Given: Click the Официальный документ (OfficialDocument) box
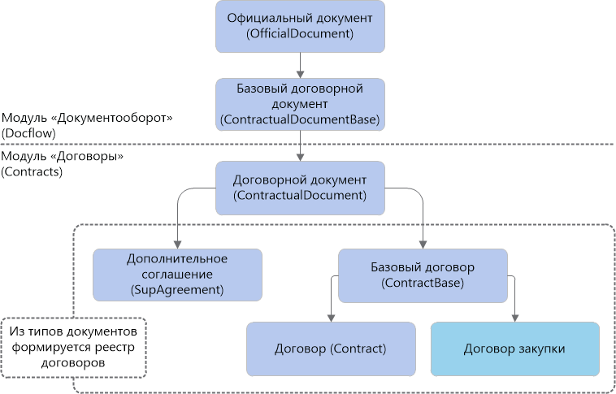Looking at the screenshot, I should (301, 26).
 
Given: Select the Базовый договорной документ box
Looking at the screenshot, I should (301, 104).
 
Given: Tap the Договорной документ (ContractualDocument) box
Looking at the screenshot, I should (301, 188).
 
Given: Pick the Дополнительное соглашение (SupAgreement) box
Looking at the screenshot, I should (177, 274).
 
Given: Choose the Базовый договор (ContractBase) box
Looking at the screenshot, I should (423, 275).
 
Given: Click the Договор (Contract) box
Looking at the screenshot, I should (330, 349).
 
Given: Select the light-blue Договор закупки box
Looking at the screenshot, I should (514, 349).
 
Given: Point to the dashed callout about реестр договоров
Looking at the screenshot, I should (74, 348).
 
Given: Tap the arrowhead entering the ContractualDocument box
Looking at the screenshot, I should (301, 157).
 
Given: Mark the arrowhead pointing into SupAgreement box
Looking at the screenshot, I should (177, 244).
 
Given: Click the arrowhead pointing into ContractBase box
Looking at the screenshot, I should (423, 244).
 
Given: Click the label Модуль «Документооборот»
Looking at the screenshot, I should (88, 119).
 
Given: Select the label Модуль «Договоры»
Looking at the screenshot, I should (63, 157).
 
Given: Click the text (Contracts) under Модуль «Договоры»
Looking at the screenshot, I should (33, 171).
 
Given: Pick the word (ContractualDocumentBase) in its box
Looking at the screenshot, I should (301, 119).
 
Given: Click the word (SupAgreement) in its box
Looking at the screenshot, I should (177, 288).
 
